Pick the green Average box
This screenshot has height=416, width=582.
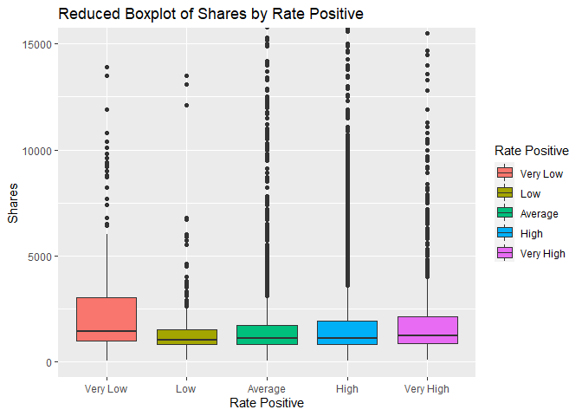click(267, 335)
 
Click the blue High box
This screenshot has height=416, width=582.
click(347, 332)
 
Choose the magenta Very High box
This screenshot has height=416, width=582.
click(427, 330)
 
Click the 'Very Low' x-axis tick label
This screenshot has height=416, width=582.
click(107, 388)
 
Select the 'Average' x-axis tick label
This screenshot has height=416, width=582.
click(267, 388)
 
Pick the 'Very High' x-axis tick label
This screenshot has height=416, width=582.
click(427, 388)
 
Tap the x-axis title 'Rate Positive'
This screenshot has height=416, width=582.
click(267, 403)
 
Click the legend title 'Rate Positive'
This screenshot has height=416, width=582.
click(531, 151)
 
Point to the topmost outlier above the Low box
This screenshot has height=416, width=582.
click(187, 76)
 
